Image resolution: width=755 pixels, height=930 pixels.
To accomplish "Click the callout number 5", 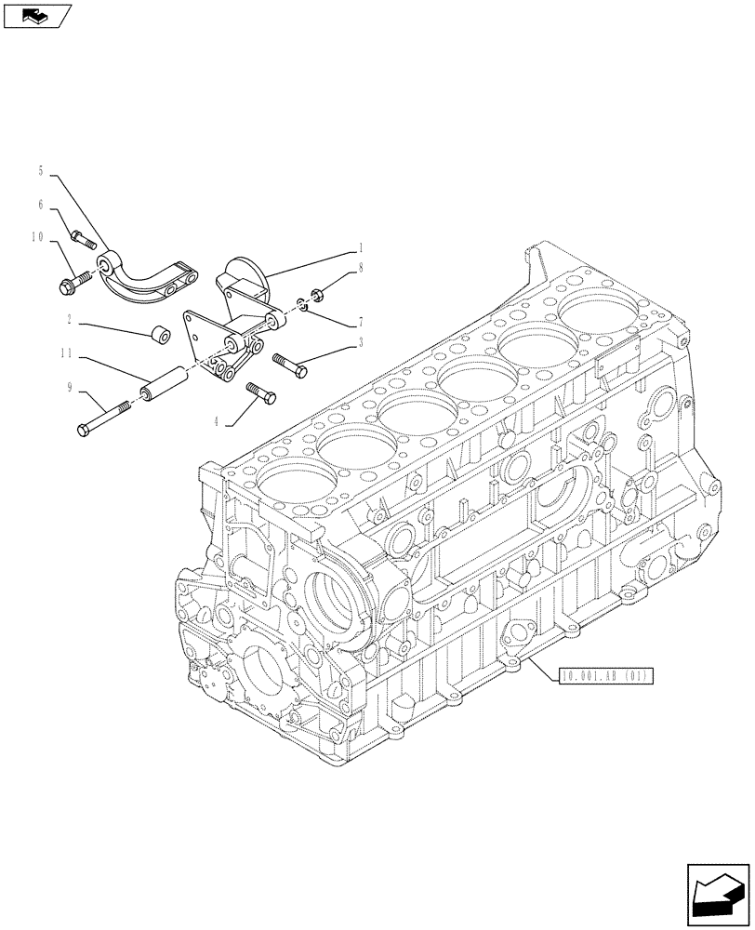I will point(41,171).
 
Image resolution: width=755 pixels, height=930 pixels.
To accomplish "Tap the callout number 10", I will point(38,237).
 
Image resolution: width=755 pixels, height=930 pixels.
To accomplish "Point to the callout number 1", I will point(360,248).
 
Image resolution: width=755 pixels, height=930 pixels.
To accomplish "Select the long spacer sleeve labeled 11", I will point(158,384).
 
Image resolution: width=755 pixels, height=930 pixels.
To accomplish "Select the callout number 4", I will point(217,421).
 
